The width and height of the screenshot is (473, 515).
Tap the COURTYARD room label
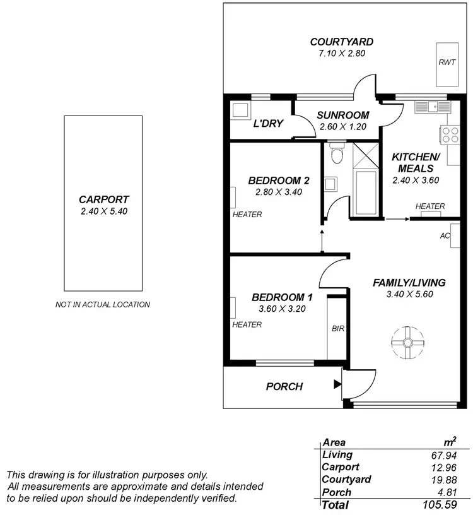pos(342,42)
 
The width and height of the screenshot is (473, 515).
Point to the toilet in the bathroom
pos(337,154)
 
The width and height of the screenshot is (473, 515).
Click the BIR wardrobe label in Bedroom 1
pos(337,329)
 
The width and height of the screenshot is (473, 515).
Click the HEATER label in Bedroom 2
pos(247,215)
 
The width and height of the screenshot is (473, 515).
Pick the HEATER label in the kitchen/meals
pos(430,206)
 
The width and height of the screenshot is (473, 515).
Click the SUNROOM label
pos(342,115)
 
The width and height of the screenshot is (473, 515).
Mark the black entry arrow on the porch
pos(337,383)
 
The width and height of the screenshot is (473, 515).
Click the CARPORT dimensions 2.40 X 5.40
pos(104,212)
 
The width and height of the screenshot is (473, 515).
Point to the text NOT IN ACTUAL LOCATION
pos(103,304)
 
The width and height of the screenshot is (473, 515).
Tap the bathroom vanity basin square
pos(330,184)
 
